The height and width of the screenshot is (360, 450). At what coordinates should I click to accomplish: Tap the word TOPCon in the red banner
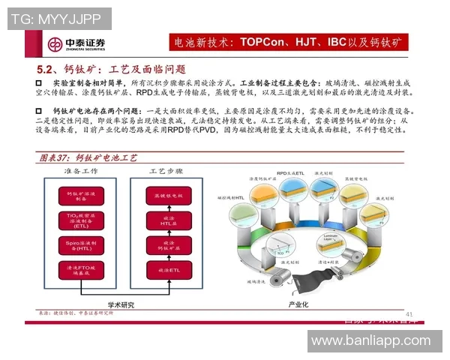262,40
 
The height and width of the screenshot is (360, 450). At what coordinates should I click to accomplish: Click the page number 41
409,313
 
